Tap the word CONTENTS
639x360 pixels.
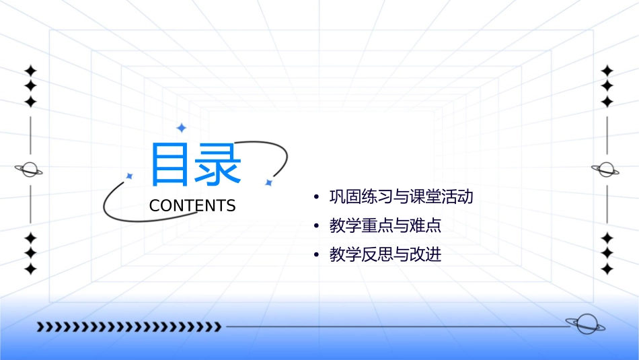192,206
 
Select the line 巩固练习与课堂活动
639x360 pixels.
402,197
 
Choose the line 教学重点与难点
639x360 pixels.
385,226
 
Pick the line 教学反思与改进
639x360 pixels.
385,255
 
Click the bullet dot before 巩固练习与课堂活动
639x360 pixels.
316,198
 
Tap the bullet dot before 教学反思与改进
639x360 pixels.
316,256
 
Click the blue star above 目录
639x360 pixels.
180,128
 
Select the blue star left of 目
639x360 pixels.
129,176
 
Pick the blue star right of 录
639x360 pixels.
268,182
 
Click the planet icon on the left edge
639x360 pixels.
30,170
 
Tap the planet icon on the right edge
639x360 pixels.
606,170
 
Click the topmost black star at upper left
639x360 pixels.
30,71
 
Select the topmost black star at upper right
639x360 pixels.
607,71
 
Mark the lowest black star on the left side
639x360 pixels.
30,268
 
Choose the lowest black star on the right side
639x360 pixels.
607,268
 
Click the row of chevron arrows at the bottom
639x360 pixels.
128,327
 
